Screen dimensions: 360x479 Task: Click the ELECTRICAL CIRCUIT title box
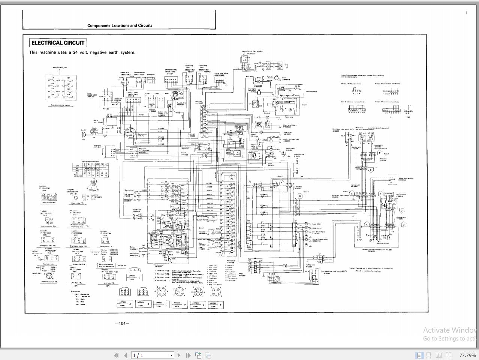pyautogui.click(x=58, y=43)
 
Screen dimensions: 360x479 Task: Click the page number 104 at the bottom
pyautogui.click(x=122, y=324)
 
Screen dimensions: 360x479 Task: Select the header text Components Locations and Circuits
pyautogui.click(x=120, y=25)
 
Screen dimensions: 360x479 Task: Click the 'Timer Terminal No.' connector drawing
pyautogui.click(x=49, y=196)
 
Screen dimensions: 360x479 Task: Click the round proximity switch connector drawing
pyautogui.click(x=49, y=275)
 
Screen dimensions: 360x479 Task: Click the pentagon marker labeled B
pyautogui.click(x=300, y=196)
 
